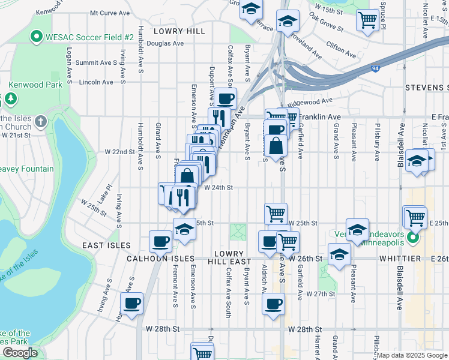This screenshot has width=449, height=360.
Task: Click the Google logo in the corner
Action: click(20, 353)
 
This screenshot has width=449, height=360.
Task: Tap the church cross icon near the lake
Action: click(41, 121)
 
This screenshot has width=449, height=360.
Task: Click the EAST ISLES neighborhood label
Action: click(107, 245)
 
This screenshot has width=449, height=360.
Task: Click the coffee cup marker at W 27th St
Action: click(274, 304)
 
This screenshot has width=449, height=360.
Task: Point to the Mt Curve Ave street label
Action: click(110, 13)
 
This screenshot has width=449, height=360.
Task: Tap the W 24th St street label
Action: click(218, 187)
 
